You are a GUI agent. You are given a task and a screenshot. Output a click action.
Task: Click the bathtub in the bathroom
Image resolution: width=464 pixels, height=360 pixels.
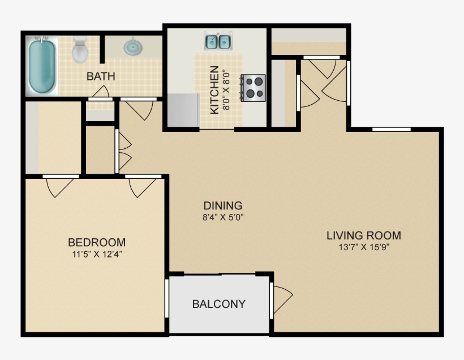click(x=43, y=66)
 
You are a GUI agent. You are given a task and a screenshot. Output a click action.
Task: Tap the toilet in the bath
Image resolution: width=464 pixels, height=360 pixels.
click(x=80, y=50)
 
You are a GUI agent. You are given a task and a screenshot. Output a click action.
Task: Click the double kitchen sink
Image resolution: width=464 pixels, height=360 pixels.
click(x=218, y=41)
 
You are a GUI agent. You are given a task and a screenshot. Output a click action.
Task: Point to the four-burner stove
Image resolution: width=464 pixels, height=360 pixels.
click(x=254, y=88)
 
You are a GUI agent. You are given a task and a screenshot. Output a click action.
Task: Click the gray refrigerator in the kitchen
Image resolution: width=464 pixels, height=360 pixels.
click(x=182, y=110)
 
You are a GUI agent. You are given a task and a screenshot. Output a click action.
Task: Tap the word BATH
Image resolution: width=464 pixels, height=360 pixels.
click(x=101, y=76)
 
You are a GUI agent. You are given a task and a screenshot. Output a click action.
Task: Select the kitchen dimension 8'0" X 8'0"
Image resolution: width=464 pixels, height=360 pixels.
click(x=226, y=90)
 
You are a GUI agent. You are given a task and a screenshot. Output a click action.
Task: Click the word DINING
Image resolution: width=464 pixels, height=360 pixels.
click(x=223, y=205)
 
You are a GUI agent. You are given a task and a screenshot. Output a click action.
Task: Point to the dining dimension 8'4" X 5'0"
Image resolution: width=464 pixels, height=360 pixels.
click(x=223, y=217)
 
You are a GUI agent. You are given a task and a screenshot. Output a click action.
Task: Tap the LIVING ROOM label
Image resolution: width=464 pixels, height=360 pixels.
click(x=364, y=235)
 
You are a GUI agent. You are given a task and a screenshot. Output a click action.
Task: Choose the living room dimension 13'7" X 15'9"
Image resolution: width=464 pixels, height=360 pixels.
click(x=364, y=247)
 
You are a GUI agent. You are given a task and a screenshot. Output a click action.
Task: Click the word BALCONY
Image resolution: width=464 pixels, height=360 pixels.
click(x=219, y=304)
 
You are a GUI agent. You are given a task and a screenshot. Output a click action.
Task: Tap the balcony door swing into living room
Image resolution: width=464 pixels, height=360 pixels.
click(x=282, y=295)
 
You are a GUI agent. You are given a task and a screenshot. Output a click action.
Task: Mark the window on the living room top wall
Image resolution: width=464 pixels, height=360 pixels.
click(x=391, y=129)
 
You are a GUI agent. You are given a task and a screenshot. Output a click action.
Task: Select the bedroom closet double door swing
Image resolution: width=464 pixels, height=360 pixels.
click(x=60, y=186)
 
